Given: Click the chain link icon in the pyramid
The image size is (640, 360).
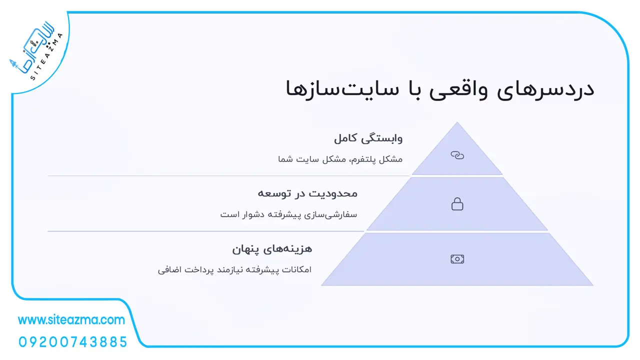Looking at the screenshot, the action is [x=457, y=155].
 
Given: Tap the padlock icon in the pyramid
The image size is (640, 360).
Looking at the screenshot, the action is [x=457, y=204].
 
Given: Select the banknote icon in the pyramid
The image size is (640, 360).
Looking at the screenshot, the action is [x=457, y=259].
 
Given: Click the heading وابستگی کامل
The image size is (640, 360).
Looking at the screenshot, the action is [x=368, y=138].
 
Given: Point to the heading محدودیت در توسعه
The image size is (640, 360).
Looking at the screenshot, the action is [x=307, y=193].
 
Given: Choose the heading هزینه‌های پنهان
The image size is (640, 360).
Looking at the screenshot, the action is [x=272, y=249].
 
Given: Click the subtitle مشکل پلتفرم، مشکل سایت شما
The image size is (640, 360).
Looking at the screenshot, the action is [x=340, y=159].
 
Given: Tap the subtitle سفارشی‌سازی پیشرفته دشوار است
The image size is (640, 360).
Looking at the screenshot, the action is [x=288, y=214].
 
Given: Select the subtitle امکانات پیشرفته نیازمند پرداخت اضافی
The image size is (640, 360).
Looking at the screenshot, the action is [x=234, y=269].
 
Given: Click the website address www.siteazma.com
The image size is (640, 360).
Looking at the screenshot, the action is [x=71, y=320].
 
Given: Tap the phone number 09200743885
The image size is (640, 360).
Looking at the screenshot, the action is [x=73, y=342].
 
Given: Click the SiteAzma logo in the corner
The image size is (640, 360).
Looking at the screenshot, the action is [x=35, y=51].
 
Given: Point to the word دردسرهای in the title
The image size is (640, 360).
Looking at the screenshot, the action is [x=545, y=89].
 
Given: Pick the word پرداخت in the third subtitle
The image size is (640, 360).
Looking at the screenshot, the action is [x=198, y=270].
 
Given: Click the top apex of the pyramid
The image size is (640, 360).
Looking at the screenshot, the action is [x=457, y=122].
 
